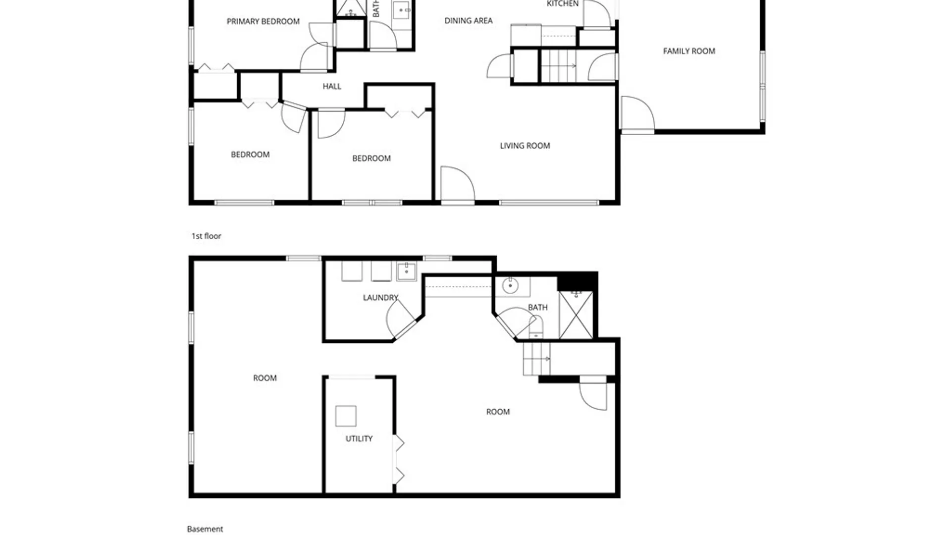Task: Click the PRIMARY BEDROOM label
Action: tap(263, 21)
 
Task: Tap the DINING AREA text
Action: tap(468, 21)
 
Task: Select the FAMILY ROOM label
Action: tap(689, 51)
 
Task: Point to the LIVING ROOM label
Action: tap(525, 146)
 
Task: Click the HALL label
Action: tap(332, 86)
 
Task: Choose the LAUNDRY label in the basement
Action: tap(380, 298)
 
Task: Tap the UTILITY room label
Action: tap(359, 439)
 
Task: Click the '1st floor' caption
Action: tap(206, 236)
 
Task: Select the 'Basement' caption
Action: tap(205, 529)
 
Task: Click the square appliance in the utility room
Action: tap(346, 416)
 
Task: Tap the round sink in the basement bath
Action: tap(510, 286)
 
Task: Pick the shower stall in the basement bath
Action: tap(576, 315)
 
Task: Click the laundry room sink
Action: tap(407, 271)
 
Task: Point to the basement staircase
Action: tap(536, 359)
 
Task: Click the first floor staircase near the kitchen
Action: tap(559, 65)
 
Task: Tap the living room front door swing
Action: tap(457, 185)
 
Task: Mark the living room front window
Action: tap(549, 203)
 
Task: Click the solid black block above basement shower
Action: tap(577, 281)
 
